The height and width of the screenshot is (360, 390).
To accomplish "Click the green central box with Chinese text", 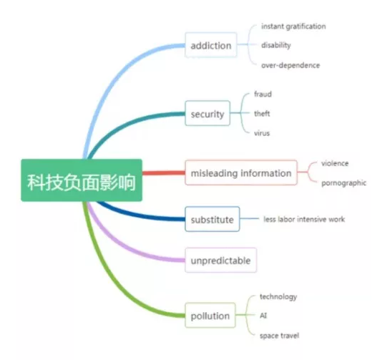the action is (x=82, y=180).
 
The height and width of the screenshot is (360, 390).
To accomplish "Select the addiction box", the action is (x=210, y=45).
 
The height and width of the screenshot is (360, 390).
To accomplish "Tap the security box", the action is (x=208, y=113).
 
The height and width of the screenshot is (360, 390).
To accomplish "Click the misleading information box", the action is (x=241, y=172).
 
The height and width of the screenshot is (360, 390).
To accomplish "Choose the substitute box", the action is (x=212, y=219).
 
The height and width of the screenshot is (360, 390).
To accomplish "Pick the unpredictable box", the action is (x=220, y=260).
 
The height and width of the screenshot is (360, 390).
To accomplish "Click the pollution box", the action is (x=210, y=315).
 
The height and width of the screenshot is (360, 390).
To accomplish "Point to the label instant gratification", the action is (x=293, y=26).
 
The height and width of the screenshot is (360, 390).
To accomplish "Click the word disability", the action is (x=276, y=45).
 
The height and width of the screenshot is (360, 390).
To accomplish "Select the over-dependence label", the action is (x=291, y=65).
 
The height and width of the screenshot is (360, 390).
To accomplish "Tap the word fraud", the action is (x=263, y=94).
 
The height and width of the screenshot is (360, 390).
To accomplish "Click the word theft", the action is (x=262, y=114).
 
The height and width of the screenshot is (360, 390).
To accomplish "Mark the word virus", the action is (x=262, y=133).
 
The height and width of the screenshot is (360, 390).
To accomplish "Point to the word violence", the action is (x=335, y=163).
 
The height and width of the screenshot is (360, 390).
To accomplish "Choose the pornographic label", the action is (x=343, y=183).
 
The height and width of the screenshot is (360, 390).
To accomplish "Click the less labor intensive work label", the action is (x=304, y=219).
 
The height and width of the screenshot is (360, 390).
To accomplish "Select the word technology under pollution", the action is (x=278, y=296).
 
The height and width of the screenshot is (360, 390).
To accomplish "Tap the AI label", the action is (x=263, y=316).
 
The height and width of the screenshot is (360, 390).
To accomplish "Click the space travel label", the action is (x=279, y=336).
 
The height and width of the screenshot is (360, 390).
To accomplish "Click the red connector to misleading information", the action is (x=164, y=173).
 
